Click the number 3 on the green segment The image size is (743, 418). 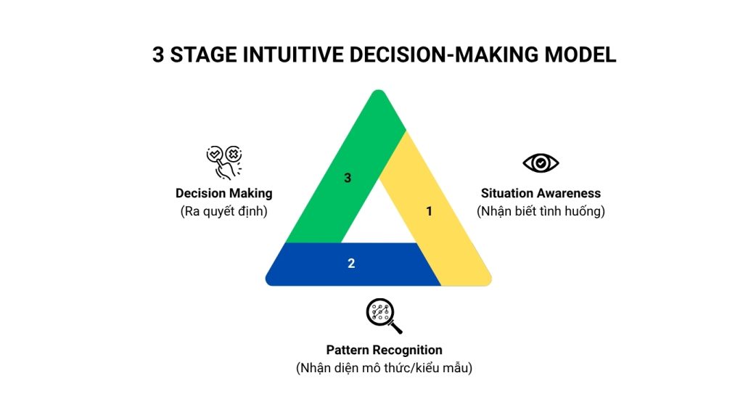348,178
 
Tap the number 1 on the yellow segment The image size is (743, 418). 430,211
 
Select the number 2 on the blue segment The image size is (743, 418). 351,263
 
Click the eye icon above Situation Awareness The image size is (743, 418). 541,163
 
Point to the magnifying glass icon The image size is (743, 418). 384,316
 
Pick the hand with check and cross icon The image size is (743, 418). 224,163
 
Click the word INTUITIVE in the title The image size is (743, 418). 293,55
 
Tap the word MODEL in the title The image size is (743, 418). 580,55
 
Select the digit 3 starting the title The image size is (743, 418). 158,55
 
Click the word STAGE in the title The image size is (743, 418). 204,55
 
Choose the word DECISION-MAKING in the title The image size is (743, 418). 444,55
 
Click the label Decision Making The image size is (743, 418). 224,193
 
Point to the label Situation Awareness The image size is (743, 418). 541,193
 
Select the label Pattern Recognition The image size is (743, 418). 385,351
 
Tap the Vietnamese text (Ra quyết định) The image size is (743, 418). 224,211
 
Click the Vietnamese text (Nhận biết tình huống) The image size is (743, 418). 541,211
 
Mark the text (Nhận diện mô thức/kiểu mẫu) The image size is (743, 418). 385,368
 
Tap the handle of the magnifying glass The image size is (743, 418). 395,327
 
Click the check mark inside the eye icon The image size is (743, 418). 541,163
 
